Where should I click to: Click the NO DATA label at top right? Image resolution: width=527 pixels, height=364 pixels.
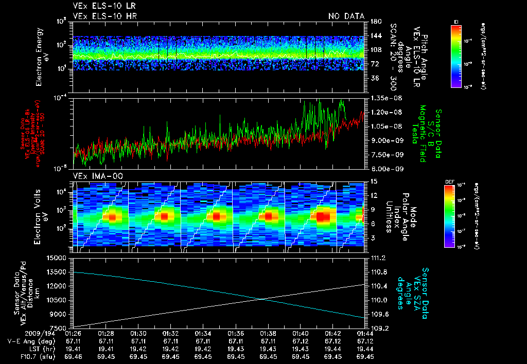(x=346, y=16)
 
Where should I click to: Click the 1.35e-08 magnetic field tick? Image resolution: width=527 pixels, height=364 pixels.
(x=382, y=98)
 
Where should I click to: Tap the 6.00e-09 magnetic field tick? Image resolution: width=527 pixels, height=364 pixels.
(x=382, y=169)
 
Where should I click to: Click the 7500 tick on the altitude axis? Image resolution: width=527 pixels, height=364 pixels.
(x=59, y=327)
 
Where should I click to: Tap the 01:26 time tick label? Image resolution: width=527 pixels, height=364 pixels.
(x=73, y=334)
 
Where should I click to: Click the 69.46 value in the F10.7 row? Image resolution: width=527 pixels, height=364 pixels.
(x=73, y=356)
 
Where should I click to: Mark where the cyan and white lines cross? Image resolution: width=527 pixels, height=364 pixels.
(x=264, y=299)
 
